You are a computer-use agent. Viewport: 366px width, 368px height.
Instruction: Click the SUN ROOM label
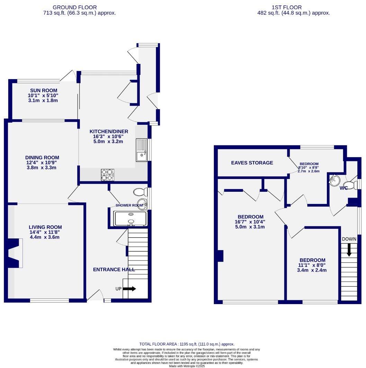[43, 91]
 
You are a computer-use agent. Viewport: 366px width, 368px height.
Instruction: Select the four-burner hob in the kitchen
[107, 174]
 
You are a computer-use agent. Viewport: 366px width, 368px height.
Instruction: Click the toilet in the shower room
[140, 192]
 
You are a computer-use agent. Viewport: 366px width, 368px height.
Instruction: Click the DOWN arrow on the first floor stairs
[349, 249]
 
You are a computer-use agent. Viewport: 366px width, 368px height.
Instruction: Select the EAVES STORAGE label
[252, 163]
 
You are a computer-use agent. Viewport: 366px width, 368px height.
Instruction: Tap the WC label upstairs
[344, 188]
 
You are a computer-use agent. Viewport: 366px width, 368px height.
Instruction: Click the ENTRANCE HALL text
[114, 270]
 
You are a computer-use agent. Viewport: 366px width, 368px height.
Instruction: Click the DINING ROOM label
[42, 158]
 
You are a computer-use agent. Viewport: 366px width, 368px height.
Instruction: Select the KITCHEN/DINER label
[109, 131]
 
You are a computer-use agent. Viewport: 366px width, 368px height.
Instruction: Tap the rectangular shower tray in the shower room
[131, 218]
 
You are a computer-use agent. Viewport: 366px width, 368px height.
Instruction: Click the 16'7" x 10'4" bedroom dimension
[250, 222]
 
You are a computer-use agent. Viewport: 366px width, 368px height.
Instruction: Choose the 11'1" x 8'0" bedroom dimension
[312, 265]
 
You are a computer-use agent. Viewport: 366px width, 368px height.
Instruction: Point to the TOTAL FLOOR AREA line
[187, 344]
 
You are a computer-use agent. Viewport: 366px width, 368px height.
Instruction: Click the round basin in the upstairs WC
[335, 180]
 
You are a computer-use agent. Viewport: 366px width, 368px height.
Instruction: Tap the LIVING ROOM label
[45, 227]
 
